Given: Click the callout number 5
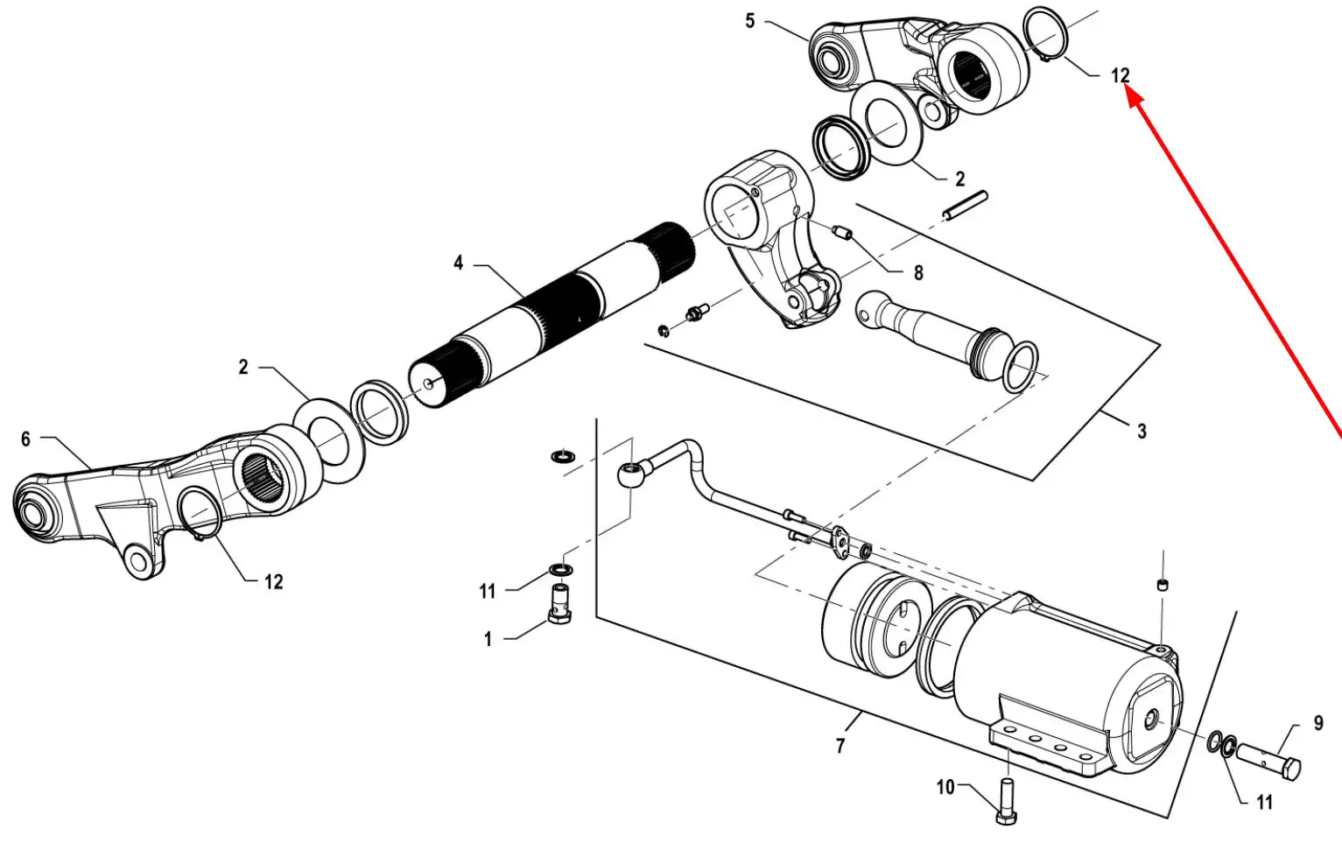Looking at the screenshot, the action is click(x=750, y=21).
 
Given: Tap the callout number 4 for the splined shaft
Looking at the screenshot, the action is click(x=459, y=263).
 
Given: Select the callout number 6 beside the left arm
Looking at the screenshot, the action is click(x=25, y=439).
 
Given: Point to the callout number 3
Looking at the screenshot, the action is click(x=1142, y=432).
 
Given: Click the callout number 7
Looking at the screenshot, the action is click(x=840, y=746).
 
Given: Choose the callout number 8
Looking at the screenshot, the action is click(x=918, y=273).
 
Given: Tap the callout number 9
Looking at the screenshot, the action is click(x=1318, y=723).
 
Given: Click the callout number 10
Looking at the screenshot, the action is click(x=945, y=787).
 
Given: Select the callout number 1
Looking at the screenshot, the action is click(x=488, y=639).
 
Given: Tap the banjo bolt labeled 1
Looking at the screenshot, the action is click(x=559, y=604).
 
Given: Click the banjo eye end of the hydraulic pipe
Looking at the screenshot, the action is click(x=631, y=474).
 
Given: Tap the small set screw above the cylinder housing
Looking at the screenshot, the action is click(x=1163, y=585).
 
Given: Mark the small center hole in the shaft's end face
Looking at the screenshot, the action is click(x=428, y=384).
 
